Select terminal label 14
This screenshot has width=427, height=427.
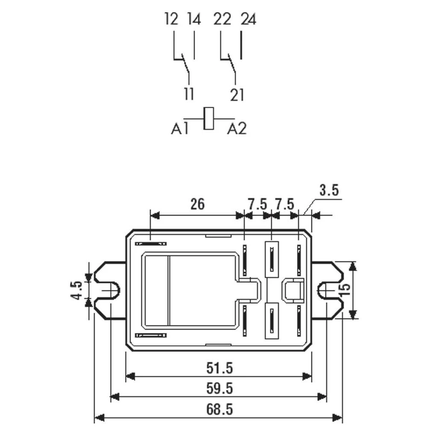pos(193,20)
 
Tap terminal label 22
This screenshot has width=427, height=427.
pos(222,20)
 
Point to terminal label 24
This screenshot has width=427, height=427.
pos(248,20)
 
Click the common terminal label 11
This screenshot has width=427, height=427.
pos(189,94)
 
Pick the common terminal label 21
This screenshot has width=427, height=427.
pos(237,94)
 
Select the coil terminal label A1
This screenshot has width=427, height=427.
pos(180,129)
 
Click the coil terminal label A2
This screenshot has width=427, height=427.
pos(237,129)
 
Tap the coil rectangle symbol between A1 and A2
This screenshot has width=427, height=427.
pos(209,118)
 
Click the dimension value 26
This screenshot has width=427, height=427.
pos(197,204)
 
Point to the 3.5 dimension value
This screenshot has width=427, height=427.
pos(329,190)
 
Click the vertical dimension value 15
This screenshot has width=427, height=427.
pos(345,290)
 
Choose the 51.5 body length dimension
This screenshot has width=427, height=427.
pos(219,367)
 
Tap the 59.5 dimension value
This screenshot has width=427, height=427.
pos(219,389)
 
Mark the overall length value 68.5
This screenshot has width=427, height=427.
pos(219,409)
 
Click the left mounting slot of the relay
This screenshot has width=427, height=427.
pos(109,290)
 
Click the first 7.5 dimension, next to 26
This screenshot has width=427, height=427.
pos(257,204)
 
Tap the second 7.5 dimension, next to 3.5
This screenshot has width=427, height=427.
pos(285,204)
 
